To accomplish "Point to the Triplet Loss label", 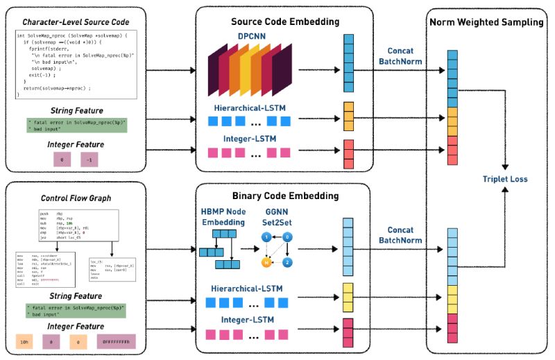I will pyautogui.click(x=505, y=179).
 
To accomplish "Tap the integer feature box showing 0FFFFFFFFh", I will pyautogui.click(x=112, y=341).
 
